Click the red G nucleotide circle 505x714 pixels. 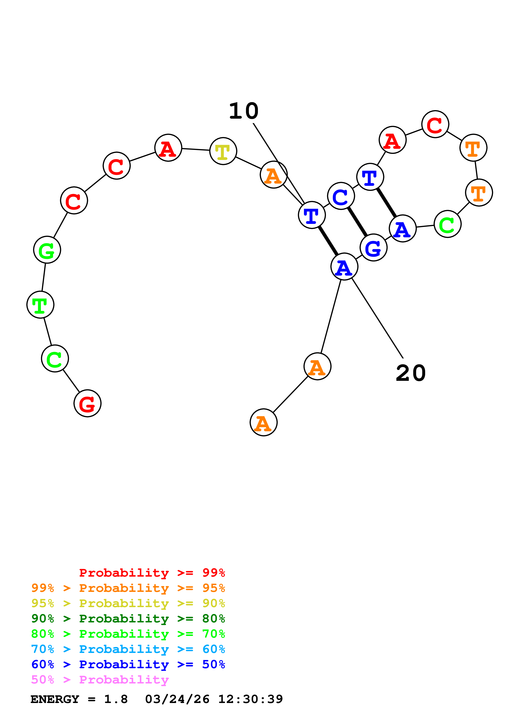point(87,403)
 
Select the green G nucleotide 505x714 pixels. point(47,250)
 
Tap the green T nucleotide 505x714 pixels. point(41,305)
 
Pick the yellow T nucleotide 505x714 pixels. point(223,151)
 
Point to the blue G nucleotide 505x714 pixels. point(373,248)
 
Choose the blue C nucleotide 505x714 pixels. point(341,196)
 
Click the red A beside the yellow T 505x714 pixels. point(168,148)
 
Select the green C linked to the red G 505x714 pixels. point(55,359)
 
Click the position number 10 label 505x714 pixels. point(244,111)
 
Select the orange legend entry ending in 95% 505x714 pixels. point(128,588)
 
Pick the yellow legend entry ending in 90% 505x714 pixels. point(128,603)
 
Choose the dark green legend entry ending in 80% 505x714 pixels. point(128,619)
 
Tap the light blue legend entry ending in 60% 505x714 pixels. point(128,649)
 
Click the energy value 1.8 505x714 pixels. point(116,699)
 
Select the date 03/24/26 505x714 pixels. point(177,699)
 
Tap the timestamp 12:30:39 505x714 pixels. point(251,699)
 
